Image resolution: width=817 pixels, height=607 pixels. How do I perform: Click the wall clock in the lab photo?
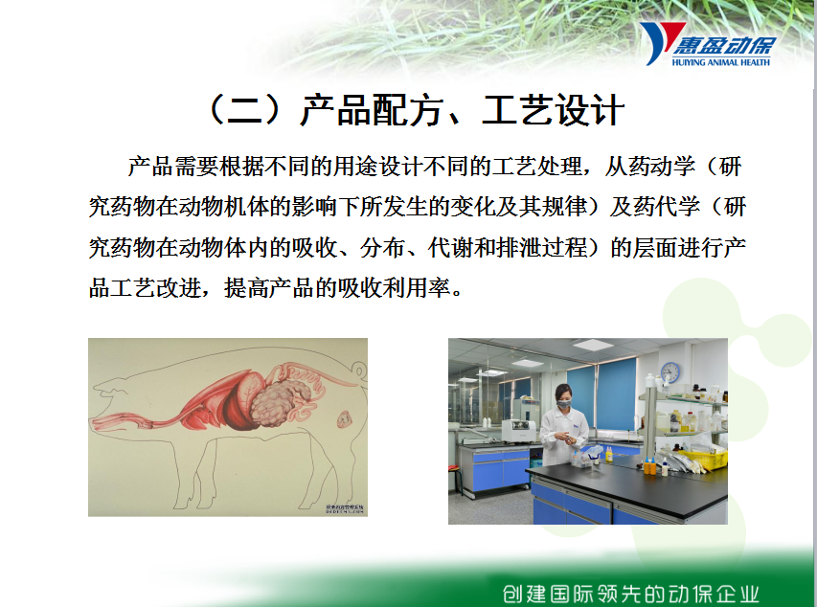tap(670, 372)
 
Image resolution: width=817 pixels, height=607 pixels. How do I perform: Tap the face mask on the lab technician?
tap(563, 403)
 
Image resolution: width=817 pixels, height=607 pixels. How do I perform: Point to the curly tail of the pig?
tap(359, 371)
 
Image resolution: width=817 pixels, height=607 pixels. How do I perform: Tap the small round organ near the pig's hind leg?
tap(344, 418)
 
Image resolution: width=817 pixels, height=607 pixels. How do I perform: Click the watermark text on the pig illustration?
tap(345, 508)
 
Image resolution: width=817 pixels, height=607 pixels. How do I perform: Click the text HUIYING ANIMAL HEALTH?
tap(720, 62)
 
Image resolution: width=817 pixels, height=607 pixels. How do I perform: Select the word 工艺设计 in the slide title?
tap(554, 110)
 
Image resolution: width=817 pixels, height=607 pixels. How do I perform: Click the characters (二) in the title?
tap(245, 110)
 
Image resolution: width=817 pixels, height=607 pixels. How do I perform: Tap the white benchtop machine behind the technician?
tap(519, 431)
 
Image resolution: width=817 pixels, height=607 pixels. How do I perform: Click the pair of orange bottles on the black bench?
tap(649, 466)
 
